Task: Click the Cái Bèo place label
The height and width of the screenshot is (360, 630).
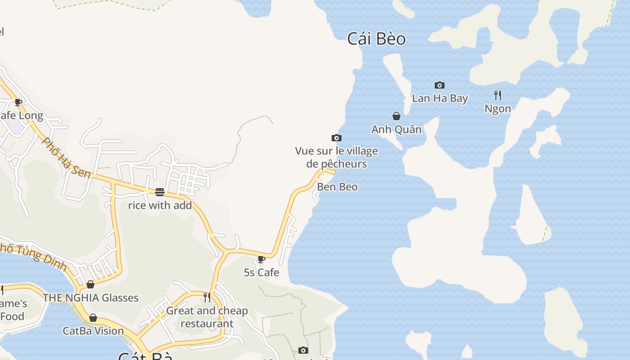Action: click(x=376, y=39)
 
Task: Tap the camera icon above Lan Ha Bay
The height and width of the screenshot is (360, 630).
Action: click(x=440, y=85)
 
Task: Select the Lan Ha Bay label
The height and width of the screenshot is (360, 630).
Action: click(x=440, y=99)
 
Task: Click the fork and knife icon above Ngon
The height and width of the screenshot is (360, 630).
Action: click(x=497, y=95)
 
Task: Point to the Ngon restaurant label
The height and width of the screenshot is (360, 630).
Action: click(x=498, y=109)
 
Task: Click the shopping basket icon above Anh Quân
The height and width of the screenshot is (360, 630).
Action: click(x=396, y=116)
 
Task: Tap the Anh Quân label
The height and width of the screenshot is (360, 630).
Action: click(x=396, y=130)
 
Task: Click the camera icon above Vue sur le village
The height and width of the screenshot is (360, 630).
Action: click(x=336, y=138)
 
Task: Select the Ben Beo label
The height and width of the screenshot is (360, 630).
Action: click(x=337, y=187)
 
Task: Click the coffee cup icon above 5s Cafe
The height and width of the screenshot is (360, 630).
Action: click(x=261, y=259)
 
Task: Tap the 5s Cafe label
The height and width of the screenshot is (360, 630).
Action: click(x=261, y=273)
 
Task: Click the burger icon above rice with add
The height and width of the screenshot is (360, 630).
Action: click(x=160, y=192)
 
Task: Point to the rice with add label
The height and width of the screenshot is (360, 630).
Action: click(x=160, y=206)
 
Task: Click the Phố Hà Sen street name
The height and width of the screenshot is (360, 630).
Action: click(x=66, y=157)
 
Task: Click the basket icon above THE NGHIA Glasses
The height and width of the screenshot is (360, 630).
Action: click(x=90, y=284)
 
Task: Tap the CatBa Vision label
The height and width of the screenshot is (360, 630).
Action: click(x=93, y=331)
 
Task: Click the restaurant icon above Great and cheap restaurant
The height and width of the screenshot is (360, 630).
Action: click(x=207, y=297)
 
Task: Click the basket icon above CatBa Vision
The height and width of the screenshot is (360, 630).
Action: click(x=93, y=318)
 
